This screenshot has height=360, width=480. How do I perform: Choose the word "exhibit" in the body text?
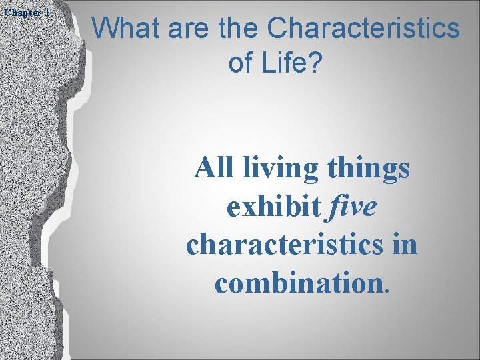[273, 206]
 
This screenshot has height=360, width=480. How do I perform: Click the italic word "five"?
[352, 206]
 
